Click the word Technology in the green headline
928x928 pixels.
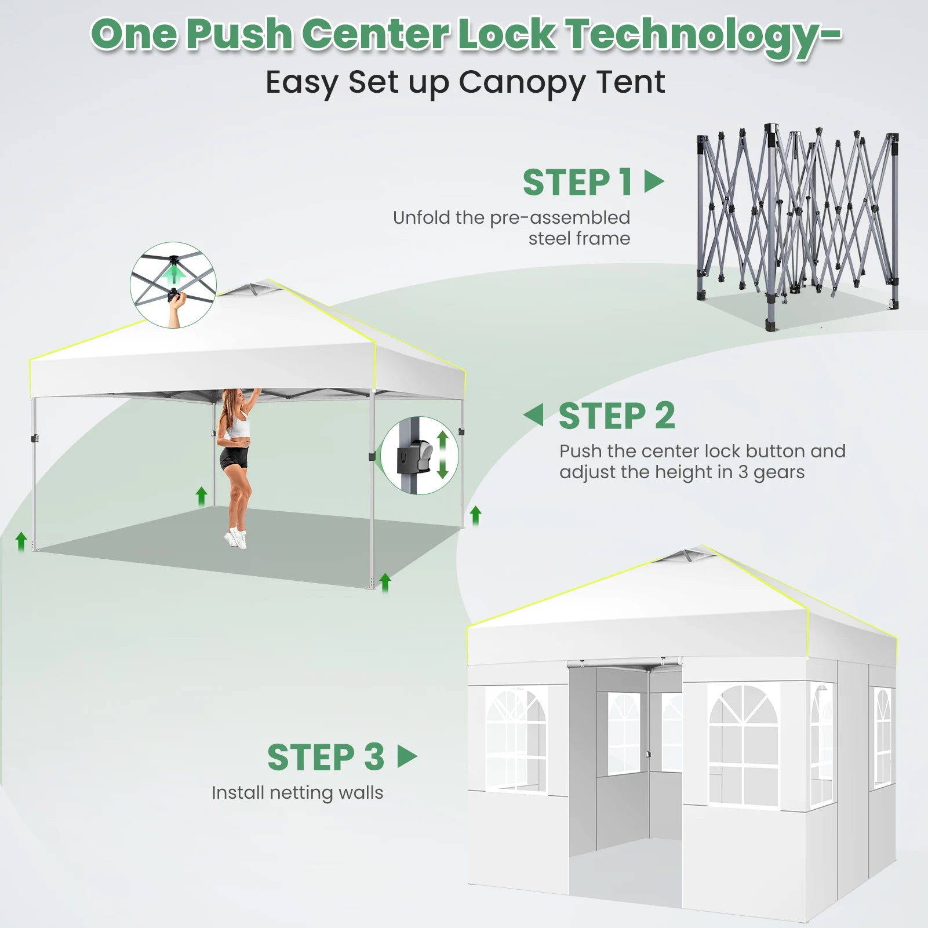pos(703,35)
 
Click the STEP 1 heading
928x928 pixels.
pos(577,183)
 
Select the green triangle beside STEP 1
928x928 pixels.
pos(654,181)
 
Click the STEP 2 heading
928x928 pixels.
pos(617,416)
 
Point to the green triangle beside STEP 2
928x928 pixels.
pos(533,415)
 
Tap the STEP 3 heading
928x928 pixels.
pos(326,757)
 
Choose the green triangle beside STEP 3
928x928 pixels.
pos(407,756)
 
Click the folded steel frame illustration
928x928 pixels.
pos(798,226)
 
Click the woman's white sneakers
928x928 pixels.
pos(236,538)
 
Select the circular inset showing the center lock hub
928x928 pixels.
pos(173,285)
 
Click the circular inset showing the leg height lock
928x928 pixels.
pos(420,455)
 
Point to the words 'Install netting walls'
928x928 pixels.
pos(297,792)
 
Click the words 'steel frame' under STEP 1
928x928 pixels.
pos(579,238)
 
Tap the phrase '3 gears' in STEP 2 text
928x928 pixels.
pos(771,472)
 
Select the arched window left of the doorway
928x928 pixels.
pos(516,740)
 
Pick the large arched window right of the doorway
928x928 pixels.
pos(744,745)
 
